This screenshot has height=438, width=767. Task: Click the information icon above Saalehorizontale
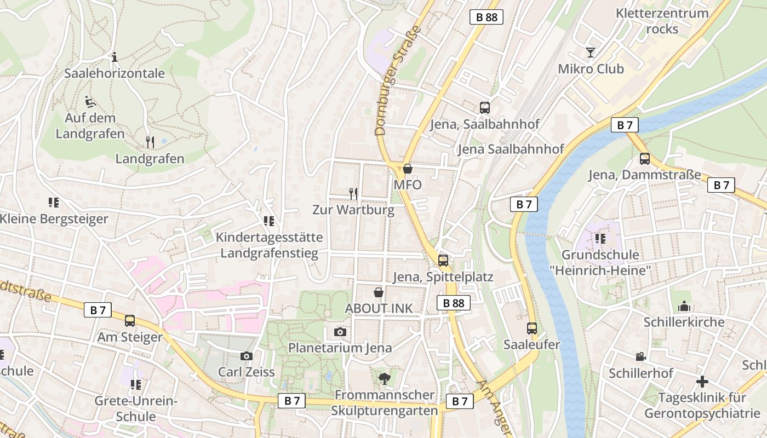point(115,57)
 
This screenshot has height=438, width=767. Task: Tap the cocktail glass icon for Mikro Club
point(591,53)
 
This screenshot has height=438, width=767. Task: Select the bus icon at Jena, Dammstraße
point(645,159)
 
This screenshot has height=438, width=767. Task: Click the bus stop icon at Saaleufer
point(532,328)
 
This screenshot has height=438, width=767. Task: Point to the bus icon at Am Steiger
point(130,321)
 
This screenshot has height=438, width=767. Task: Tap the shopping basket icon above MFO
point(408,169)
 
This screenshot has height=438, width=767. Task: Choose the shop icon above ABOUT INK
point(378,292)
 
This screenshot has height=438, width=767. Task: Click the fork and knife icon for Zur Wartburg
point(353,193)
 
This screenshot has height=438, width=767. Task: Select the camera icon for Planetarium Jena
point(340,332)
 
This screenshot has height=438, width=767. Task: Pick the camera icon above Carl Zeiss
point(247,356)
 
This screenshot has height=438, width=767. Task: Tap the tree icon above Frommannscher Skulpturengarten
point(385,378)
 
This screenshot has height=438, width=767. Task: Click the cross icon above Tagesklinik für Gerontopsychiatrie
point(702,381)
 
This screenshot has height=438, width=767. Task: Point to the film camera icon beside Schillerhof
point(640,357)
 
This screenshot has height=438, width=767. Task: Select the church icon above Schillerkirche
point(684,306)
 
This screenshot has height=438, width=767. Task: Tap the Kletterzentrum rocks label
point(662,21)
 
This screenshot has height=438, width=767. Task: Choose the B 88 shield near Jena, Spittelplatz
point(454,303)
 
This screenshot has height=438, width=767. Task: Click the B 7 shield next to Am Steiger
point(98,310)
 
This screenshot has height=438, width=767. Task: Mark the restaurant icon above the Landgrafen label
point(150,142)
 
